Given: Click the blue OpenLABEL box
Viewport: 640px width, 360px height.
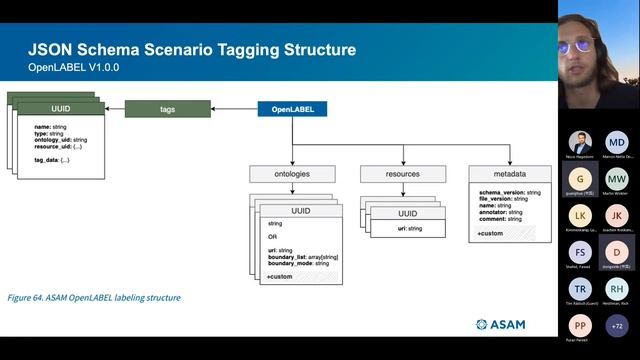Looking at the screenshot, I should coord(292,108).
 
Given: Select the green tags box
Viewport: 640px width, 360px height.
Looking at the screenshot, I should coord(167,108).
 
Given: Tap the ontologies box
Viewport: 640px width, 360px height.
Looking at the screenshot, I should coord(292,174).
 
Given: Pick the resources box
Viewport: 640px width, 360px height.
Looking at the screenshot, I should coord(403,174).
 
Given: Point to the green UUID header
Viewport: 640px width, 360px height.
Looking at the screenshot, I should coord(59,107).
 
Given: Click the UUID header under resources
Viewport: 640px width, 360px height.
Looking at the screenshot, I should coord(407,213).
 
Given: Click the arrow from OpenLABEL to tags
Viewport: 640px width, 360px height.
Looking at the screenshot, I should coord(234,108).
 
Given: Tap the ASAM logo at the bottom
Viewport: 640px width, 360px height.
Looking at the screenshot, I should coord(499,324).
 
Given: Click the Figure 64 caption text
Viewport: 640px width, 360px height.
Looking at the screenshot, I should coord(94,297).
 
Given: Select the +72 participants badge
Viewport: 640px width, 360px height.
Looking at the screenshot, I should coord(617,325).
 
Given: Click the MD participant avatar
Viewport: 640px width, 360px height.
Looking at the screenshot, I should coord(617,142).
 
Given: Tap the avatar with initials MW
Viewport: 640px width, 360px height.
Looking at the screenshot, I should coord(617,179).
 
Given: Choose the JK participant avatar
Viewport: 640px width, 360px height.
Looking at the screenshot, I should coord(617,215).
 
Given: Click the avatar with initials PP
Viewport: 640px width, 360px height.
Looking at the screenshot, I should coord(580,325).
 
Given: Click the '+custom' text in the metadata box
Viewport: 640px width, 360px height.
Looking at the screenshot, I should coord(490,233).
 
